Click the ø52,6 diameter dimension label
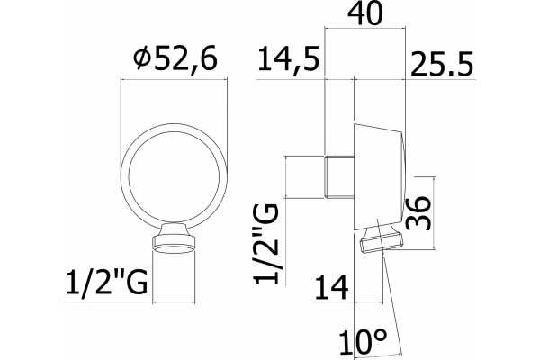pos(176,59)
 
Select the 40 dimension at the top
pos(365,13)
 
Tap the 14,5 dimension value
pos(289,59)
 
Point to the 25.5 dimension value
pos(442,64)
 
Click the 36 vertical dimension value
pos(418,213)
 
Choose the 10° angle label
pos(364,342)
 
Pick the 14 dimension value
pos(331,286)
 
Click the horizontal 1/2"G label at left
pos(107,282)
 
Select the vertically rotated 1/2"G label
pos(265,244)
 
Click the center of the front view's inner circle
pos(174,176)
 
